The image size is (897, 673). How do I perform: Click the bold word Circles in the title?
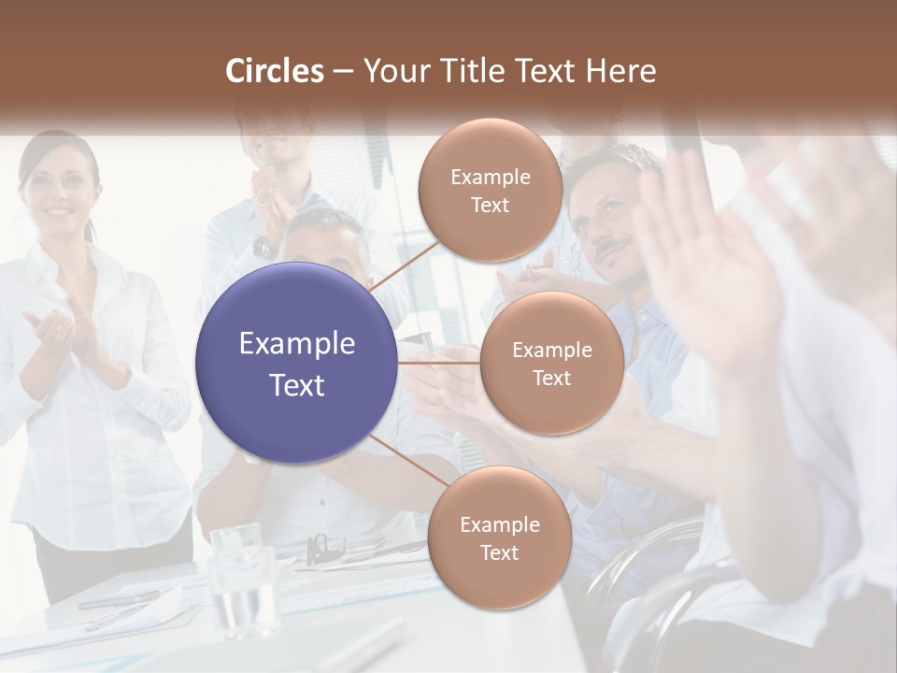pos(274,71)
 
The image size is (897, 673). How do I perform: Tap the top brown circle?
pos(490,191)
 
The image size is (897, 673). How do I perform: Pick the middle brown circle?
pos(551,363)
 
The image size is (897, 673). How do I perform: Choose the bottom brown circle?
pos(499,538)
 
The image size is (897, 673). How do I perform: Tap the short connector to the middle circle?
pos(439,363)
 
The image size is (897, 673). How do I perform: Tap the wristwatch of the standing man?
pos(263,248)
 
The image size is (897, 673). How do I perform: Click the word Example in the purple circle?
pos(297,344)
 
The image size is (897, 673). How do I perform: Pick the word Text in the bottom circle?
pos(499,552)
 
